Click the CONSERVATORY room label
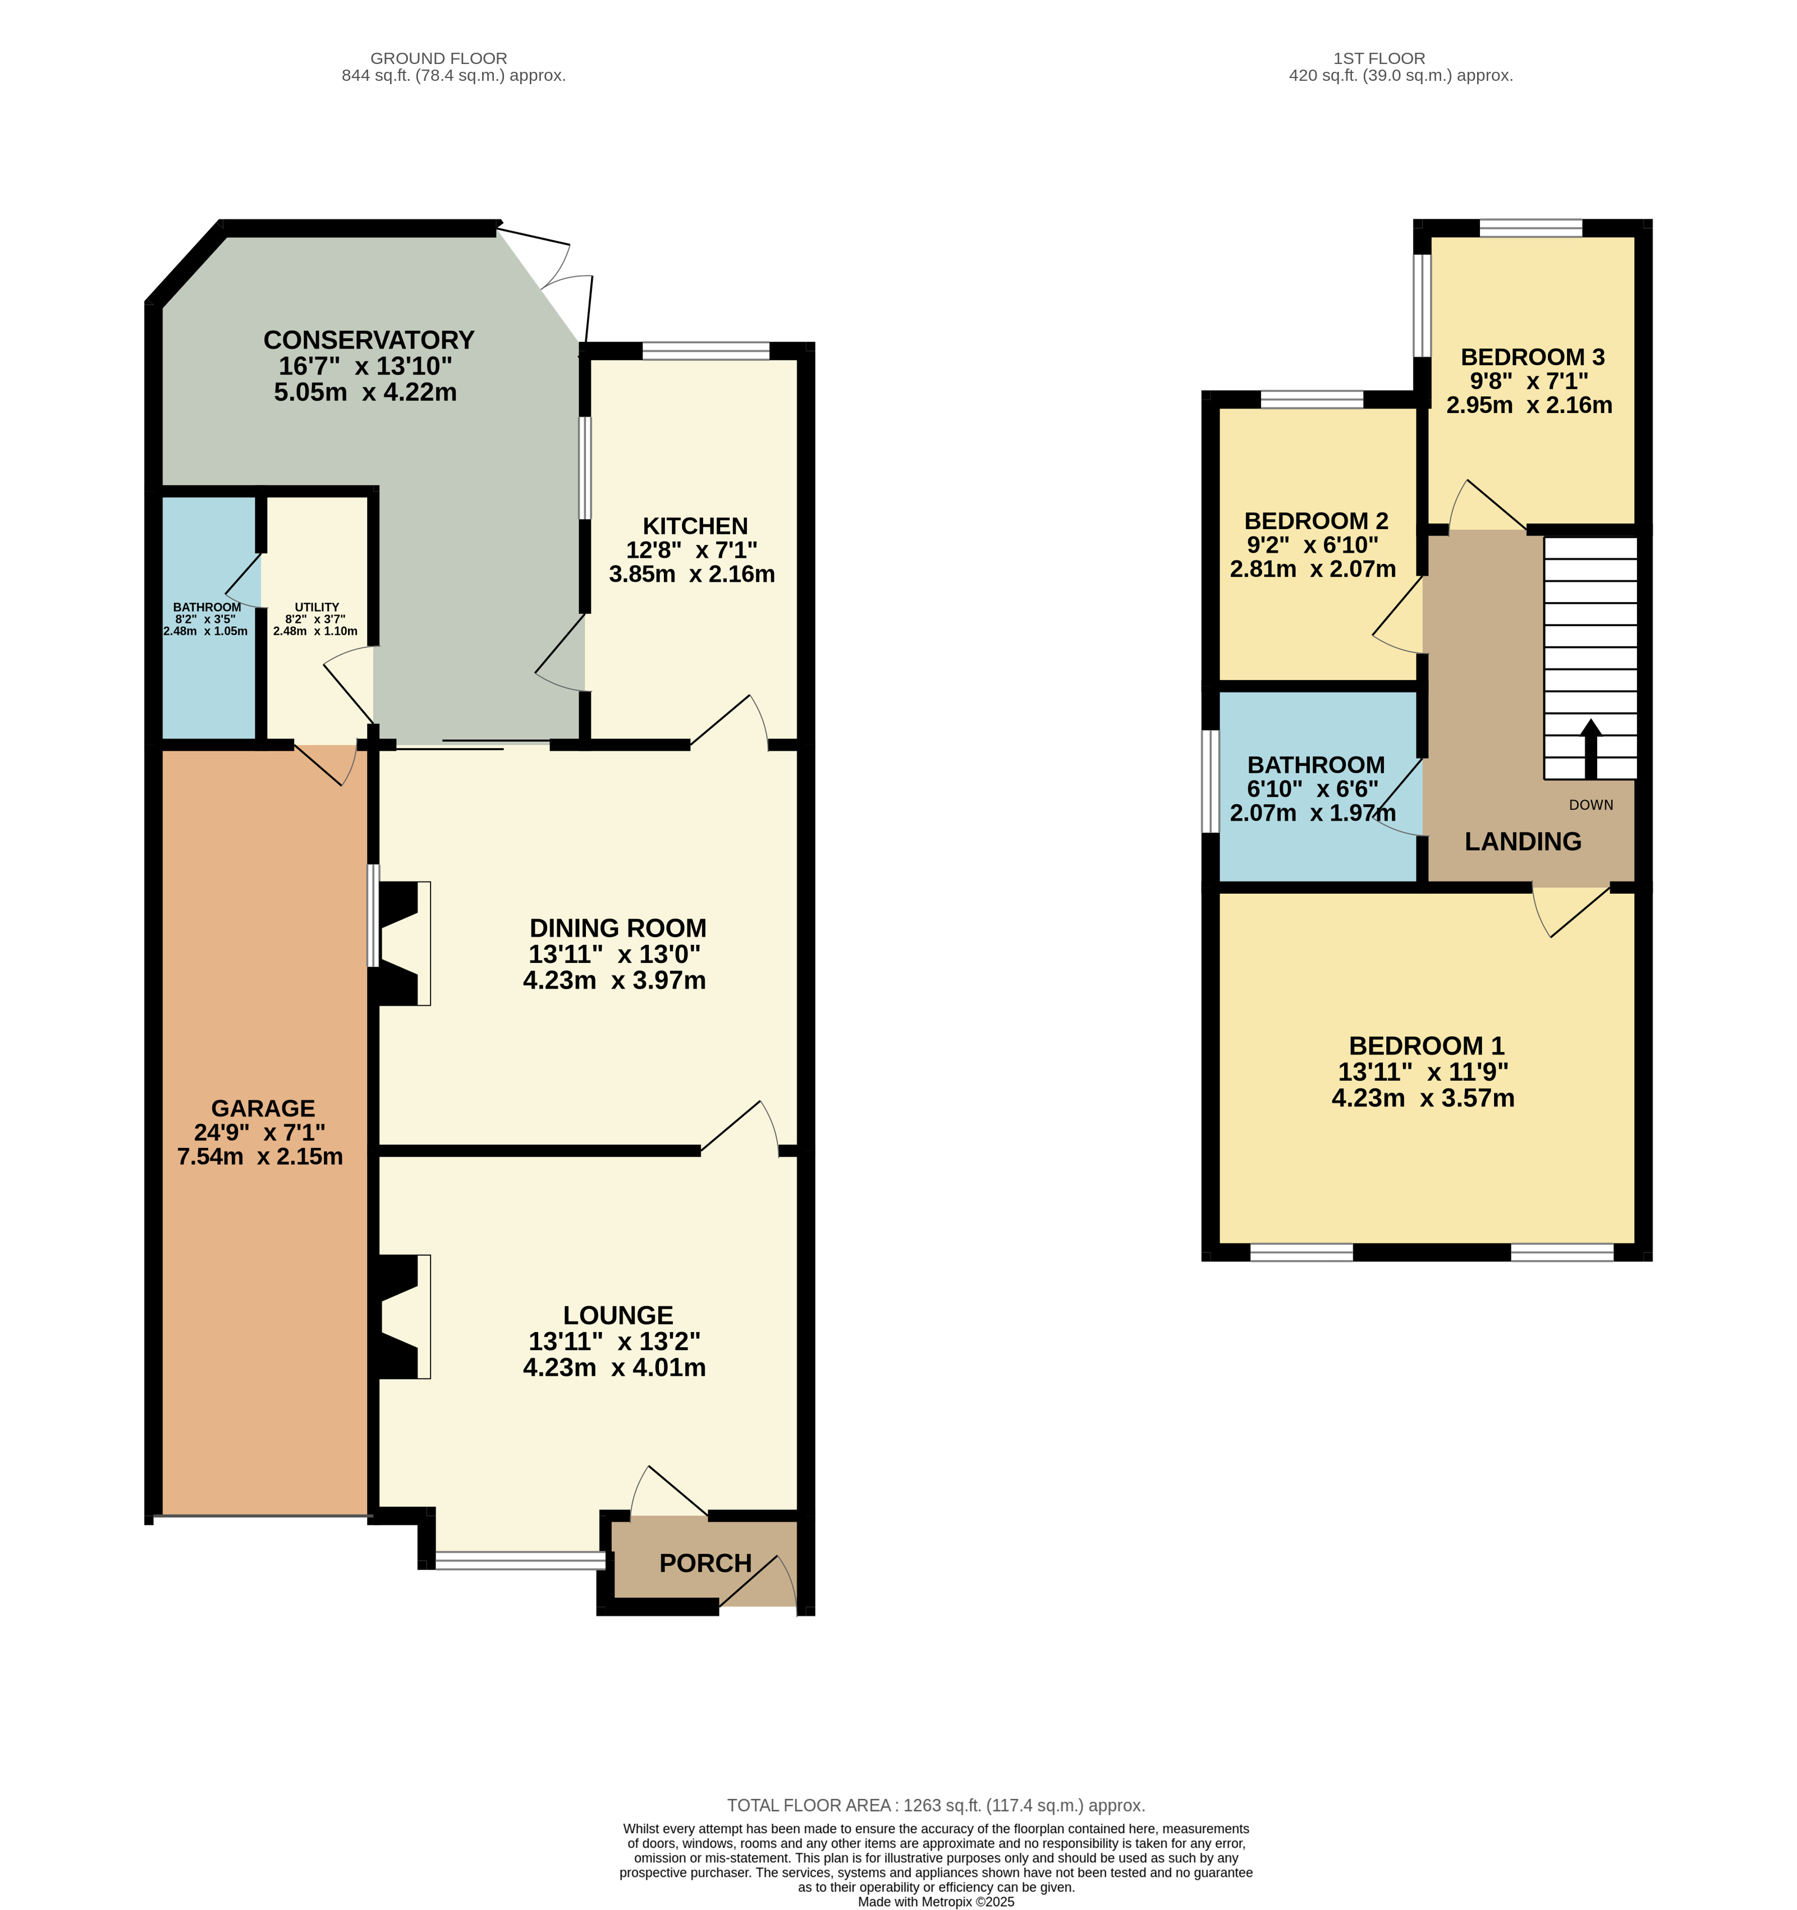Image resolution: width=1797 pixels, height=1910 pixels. pos(369,340)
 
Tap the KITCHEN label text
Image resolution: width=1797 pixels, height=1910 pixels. pos(695,526)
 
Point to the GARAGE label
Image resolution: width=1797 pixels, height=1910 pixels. pos(262,1108)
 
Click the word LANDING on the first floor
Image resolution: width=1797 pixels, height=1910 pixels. pos(1522,842)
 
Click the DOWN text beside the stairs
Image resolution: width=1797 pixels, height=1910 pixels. pos(1590,805)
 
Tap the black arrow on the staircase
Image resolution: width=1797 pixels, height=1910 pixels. pos(1590,750)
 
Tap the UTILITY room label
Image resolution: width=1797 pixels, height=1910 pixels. pos(316,607)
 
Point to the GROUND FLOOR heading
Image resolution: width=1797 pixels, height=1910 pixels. pos(438,58)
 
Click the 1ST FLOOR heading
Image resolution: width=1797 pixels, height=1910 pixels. pos(1379,58)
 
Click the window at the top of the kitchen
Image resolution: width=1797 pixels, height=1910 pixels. pos(705,351)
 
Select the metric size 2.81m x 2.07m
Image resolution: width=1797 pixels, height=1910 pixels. pos(1313,569)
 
